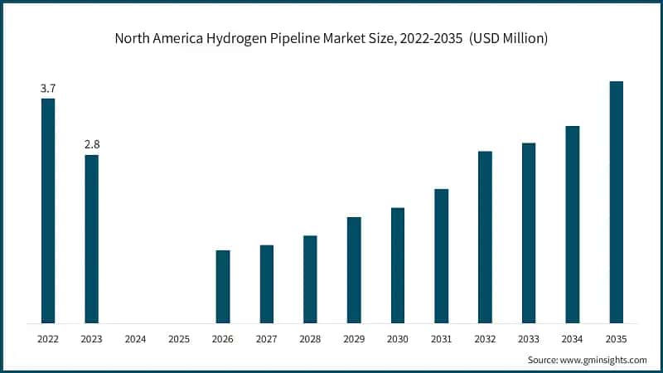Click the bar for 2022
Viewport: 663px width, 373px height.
[x=48, y=211]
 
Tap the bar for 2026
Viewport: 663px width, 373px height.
[x=223, y=286]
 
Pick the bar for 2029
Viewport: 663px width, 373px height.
[x=354, y=269]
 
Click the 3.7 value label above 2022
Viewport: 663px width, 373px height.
[x=48, y=87]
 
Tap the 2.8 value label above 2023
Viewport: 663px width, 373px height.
[x=91, y=144]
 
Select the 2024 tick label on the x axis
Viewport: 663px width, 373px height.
[x=135, y=339]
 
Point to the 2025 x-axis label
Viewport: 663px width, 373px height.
[x=179, y=339]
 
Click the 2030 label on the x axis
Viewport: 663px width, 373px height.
[x=398, y=339]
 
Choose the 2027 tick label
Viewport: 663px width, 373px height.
[x=267, y=339]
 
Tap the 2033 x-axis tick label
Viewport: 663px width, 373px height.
[x=529, y=339]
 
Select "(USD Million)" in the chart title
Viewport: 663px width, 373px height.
[x=507, y=39]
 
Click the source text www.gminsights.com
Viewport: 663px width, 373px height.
[x=603, y=360]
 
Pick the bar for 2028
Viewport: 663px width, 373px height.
[x=310, y=279]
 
